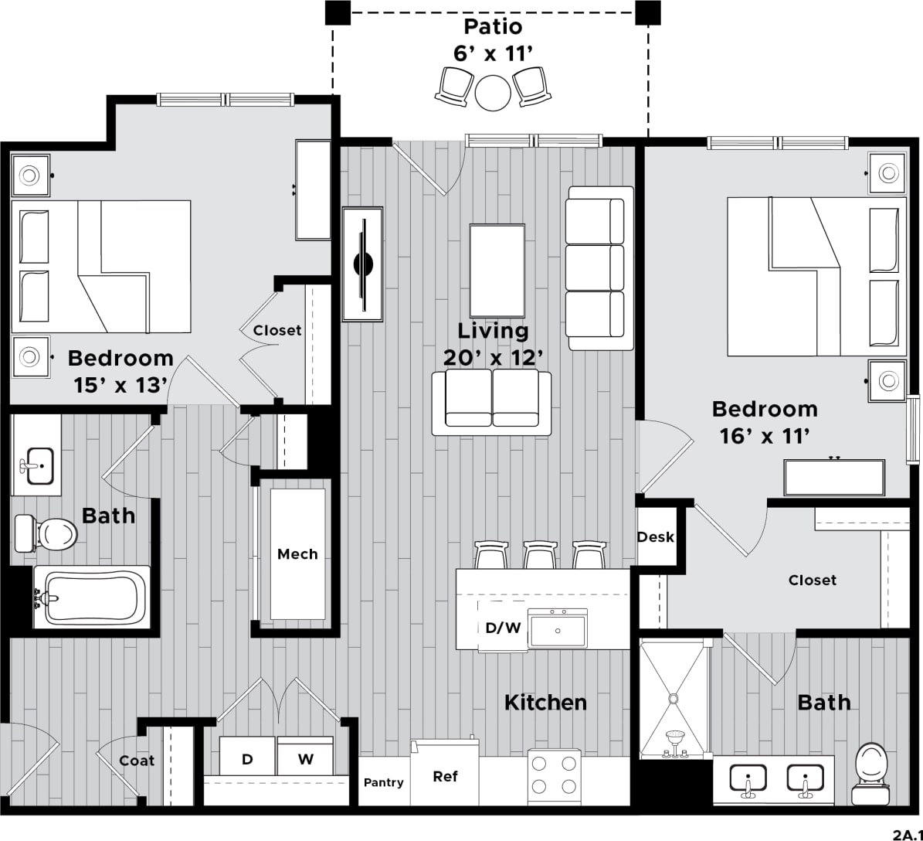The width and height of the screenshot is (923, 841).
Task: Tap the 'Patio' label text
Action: [493, 27]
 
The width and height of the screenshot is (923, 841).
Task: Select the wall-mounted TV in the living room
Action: [363, 264]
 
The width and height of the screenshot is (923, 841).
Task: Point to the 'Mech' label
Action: [297, 554]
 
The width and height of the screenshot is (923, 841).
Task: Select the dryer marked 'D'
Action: [247, 757]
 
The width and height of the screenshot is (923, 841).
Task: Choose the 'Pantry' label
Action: [384, 782]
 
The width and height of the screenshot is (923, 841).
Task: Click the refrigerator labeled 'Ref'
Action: [445, 775]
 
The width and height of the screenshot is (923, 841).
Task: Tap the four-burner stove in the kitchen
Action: [555, 775]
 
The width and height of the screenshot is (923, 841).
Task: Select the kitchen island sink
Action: [558, 627]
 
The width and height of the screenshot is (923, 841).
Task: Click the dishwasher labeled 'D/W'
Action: [503, 628]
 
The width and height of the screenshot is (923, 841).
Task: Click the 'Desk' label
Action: [656, 537]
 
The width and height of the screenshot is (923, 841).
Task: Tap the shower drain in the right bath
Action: [673, 699]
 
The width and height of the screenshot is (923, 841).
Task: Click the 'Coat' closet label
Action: [137, 761]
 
